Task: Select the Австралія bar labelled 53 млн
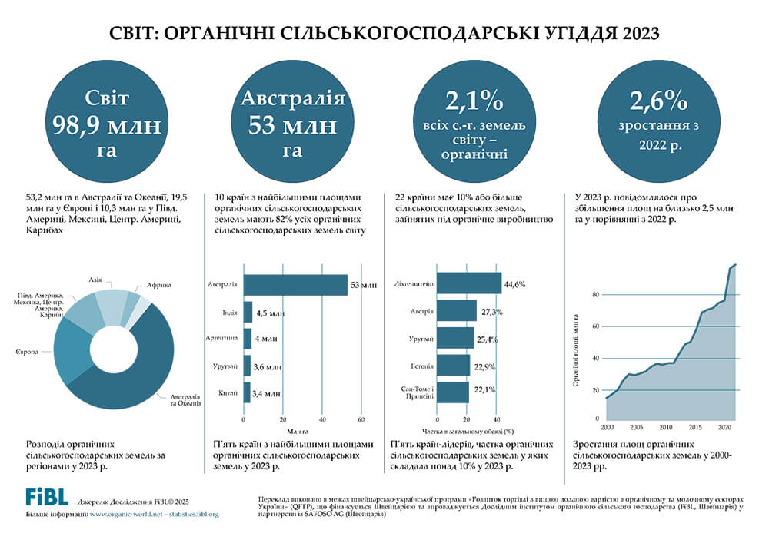(295, 285)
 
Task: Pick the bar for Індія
(248, 312)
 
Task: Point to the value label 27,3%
(492, 312)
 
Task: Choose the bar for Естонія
(453, 366)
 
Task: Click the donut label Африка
(158, 285)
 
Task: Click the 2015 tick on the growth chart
(695, 426)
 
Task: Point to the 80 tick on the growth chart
(595, 295)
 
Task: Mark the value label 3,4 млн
(267, 393)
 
